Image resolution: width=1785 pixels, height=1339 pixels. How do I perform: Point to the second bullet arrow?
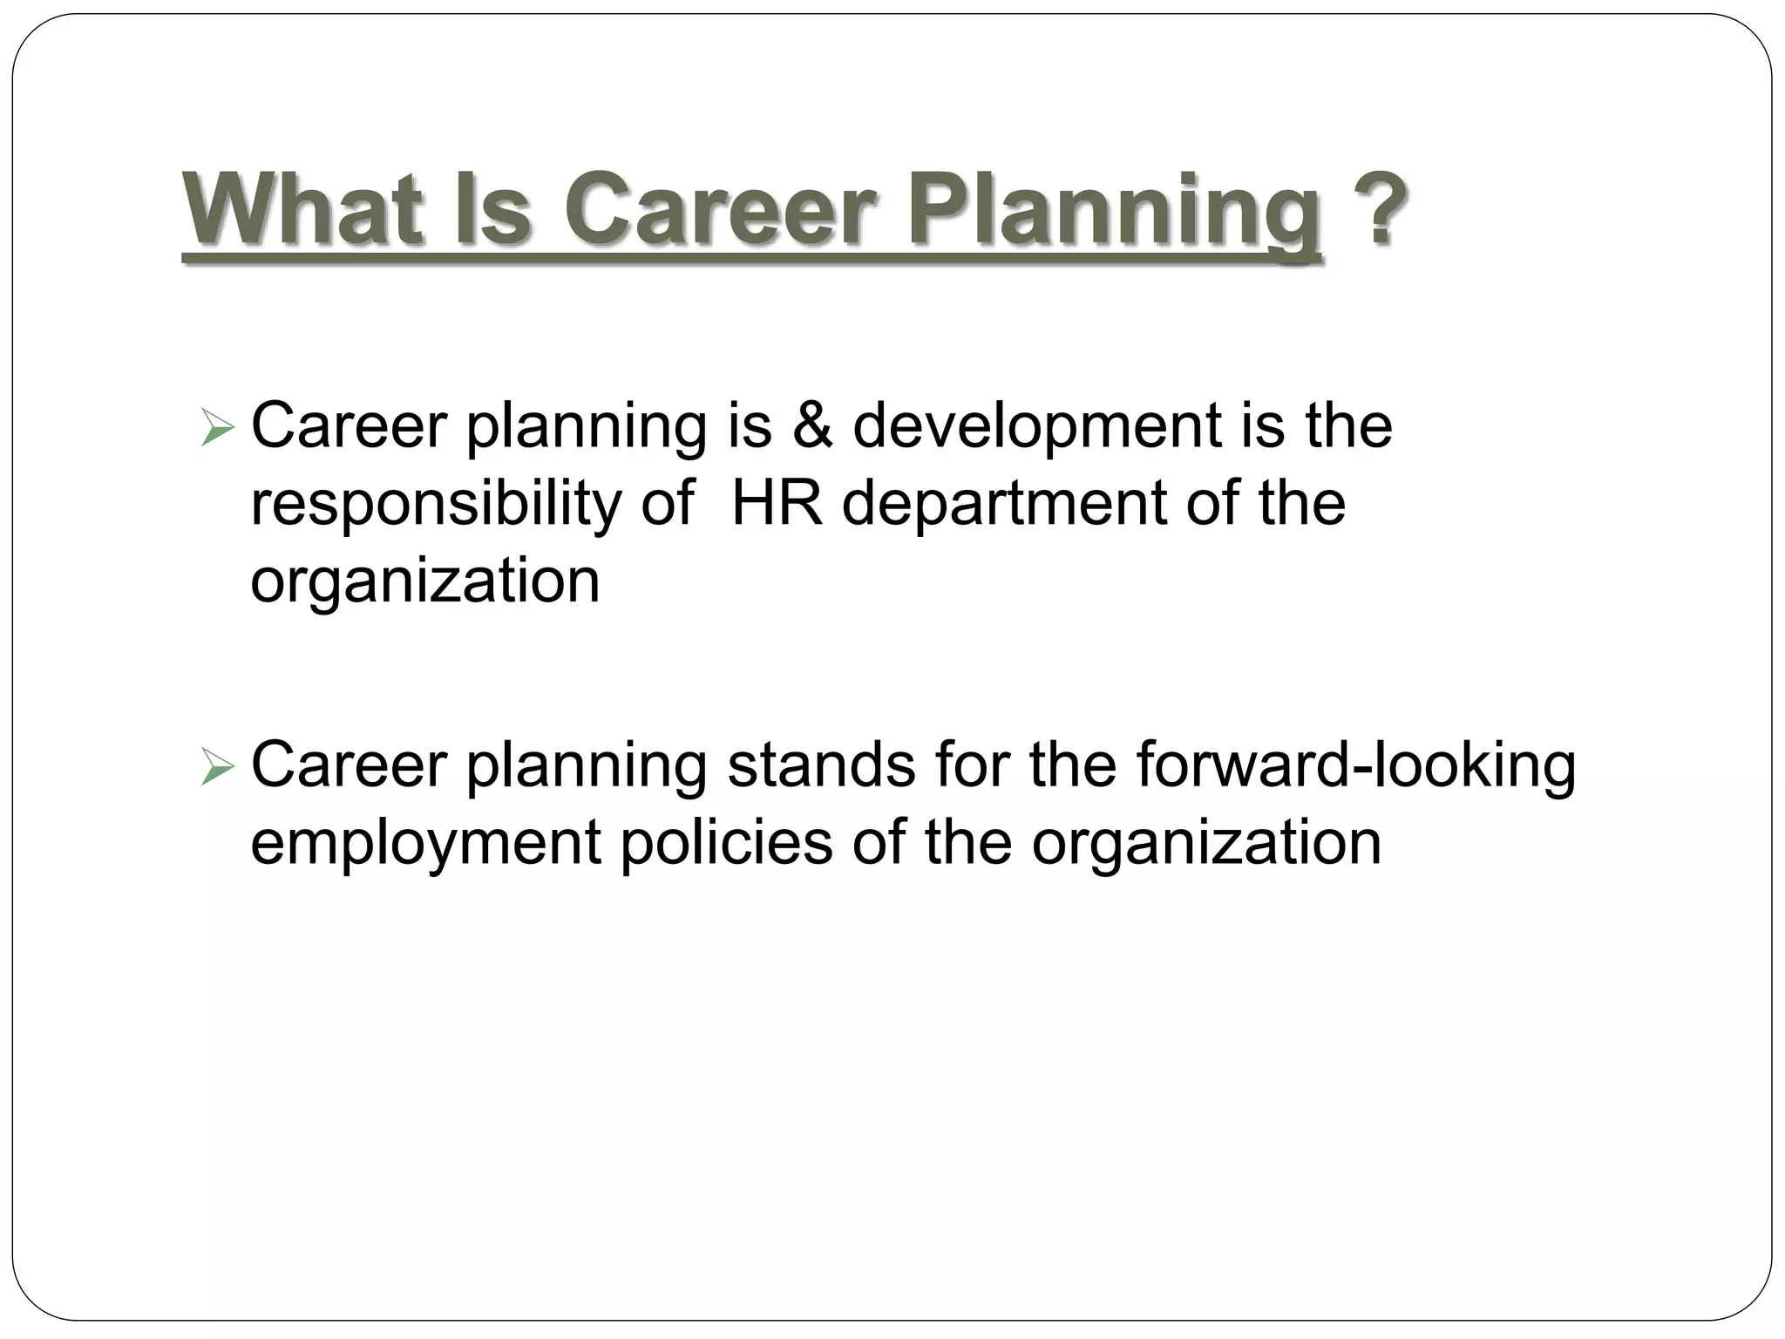point(217,767)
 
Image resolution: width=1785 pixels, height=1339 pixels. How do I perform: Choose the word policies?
point(726,842)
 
